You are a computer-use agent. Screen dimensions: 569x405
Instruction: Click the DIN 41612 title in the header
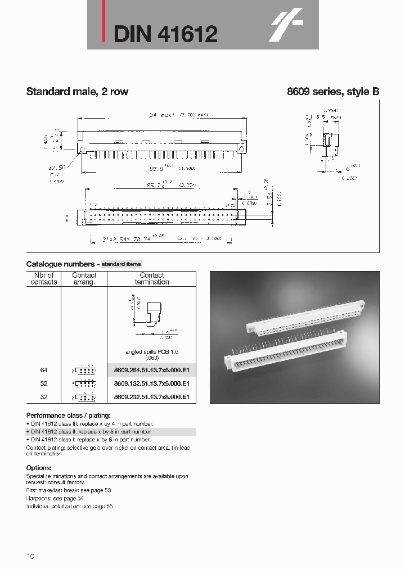(165, 35)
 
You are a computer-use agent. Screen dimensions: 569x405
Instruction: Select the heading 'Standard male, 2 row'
(77, 92)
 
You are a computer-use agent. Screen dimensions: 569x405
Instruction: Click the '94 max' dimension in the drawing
(163, 115)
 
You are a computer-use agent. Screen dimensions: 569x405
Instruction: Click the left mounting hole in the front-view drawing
(83, 149)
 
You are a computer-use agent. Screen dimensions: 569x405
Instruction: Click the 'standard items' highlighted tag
(121, 264)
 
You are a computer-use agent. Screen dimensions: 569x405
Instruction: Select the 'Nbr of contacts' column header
(44, 278)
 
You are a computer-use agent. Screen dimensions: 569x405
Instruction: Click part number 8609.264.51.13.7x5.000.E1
(151, 371)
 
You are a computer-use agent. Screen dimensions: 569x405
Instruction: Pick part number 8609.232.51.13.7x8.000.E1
(151, 397)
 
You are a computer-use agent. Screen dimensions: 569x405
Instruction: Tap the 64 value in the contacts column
(44, 371)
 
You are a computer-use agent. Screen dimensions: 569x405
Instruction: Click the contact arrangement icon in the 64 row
(84, 371)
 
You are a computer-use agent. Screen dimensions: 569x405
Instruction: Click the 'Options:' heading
(39, 468)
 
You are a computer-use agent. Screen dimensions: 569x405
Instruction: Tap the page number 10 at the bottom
(30, 556)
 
